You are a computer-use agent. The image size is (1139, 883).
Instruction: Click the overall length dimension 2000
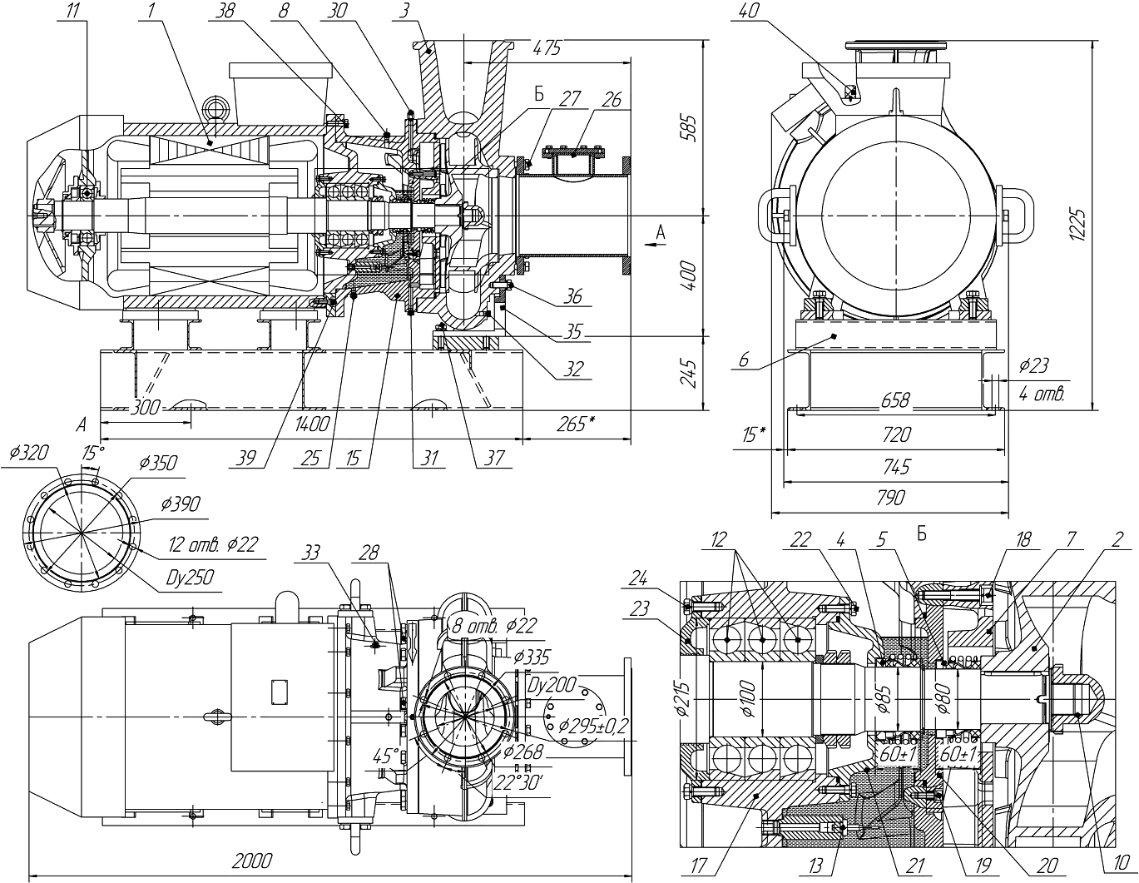(x=252, y=861)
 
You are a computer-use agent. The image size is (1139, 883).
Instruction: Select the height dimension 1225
(x=1077, y=225)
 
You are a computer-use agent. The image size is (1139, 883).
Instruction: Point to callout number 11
(x=74, y=11)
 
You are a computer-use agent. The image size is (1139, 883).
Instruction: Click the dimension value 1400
(x=312, y=424)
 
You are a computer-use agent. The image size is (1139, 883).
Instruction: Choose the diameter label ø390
(x=181, y=504)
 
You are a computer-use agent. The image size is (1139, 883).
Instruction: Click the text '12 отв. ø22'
(x=213, y=544)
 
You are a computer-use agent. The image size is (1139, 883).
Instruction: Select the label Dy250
(x=190, y=578)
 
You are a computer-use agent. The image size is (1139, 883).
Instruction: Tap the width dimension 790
(x=890, y=497)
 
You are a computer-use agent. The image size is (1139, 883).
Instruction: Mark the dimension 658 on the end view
(x=894, y=400)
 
